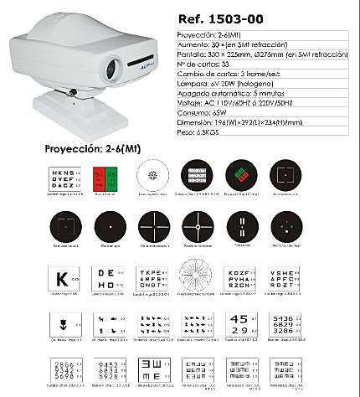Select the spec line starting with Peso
click(206, 131)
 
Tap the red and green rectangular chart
click(105, 177)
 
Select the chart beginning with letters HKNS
click(61, 177)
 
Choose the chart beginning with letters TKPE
click(151, 277)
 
